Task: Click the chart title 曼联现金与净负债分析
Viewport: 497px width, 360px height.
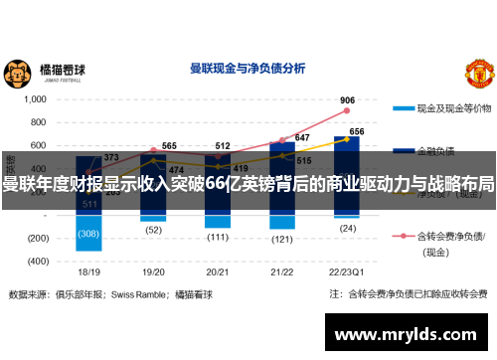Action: tap(247, 69)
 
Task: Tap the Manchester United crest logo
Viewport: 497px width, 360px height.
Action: tap(480, 72)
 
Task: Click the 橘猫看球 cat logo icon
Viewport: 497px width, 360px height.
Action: tap(18, 72)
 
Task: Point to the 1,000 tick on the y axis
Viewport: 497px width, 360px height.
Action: tap(35, 99)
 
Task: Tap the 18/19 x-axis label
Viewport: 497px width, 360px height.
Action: tap(89, 270)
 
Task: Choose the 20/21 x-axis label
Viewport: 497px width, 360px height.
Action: tap(219, 270)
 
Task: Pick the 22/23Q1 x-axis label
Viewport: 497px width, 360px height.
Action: tap(347, 270)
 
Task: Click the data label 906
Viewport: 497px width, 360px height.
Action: tap(347, 100)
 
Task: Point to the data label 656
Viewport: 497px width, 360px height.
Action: tap(357, 132)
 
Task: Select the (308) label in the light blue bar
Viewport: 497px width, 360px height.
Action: tap(89, 233)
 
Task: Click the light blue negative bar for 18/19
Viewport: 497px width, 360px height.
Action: tap(89, 239)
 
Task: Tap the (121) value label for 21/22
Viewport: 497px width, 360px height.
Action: tap(282, 239)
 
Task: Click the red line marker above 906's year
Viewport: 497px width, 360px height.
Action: tap(347, 111)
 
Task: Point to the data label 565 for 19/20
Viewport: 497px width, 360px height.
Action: tap(169, 146)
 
